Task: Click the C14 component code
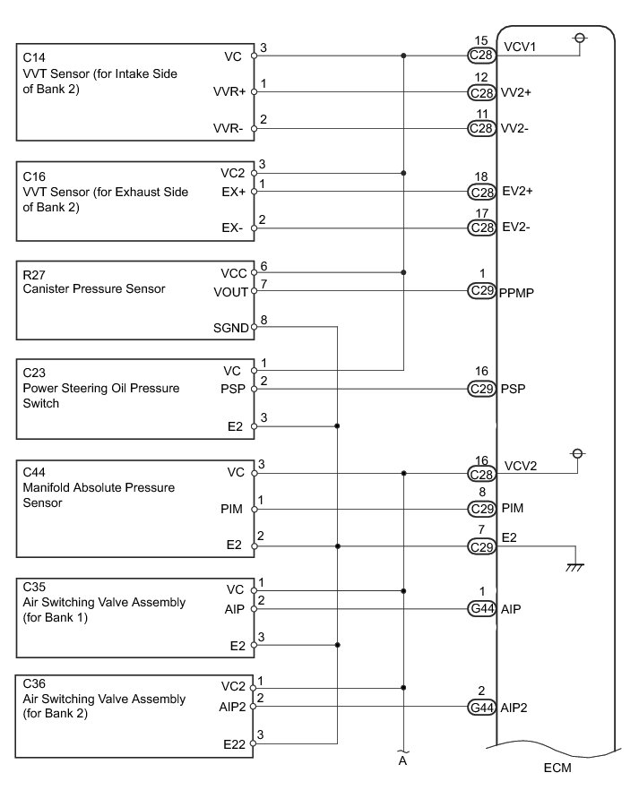[33, 56]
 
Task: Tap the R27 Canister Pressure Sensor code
[33, 274]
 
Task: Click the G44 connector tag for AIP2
[482, 707]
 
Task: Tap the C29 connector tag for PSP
[482, 389]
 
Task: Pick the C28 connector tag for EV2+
[482, 192]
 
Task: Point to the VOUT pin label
[231, 291]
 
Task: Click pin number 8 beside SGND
[262, 319]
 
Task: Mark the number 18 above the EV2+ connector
[482, 179]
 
